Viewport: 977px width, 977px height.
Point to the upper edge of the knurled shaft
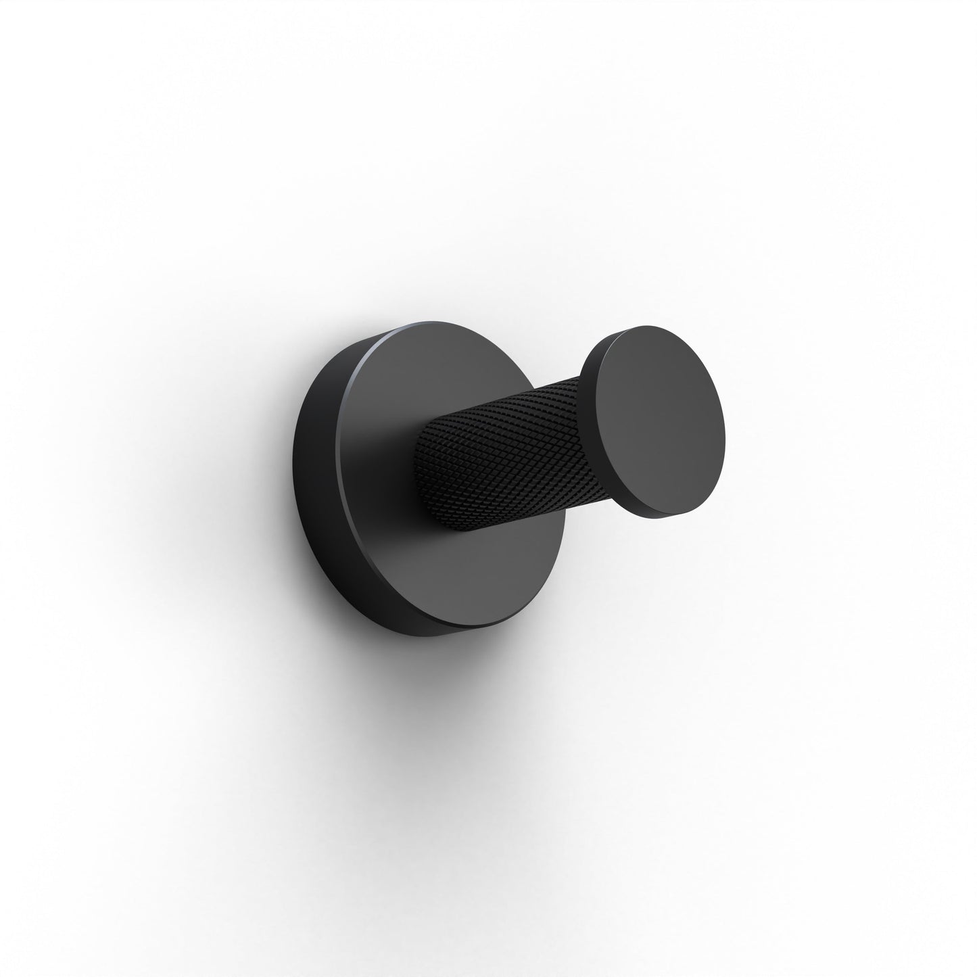[514, 399]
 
